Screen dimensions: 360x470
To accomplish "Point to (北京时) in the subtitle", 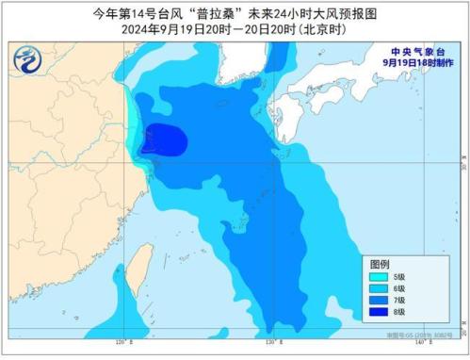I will coord(323,28).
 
